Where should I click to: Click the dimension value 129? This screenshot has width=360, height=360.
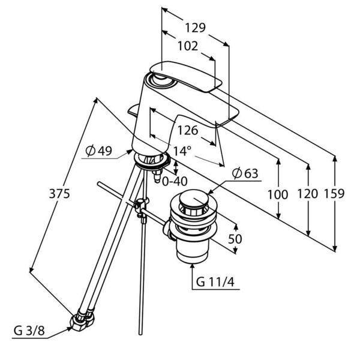[x=195, y=28]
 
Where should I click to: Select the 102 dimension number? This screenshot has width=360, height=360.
[x=188, y=46]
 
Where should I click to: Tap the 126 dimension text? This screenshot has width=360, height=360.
[x=188, y=130]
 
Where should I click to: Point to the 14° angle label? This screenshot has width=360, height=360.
[x=182, y=151]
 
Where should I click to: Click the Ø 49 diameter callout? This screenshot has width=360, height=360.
[x=99, y=151]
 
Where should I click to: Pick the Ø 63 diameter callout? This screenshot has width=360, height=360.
[x=245, y=173]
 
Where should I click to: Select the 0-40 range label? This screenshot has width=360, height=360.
[x=175, y=181]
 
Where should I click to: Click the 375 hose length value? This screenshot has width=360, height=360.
[x=59, y=194]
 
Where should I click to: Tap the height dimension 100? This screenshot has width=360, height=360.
[x=278, y=194]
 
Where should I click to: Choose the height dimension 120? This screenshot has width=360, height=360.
[x=308, y=194]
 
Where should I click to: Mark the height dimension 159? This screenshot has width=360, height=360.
[x=334, y=194]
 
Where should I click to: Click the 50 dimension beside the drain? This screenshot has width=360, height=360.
[x=235, y=239]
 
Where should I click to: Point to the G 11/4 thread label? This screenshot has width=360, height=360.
[x=215, y=281]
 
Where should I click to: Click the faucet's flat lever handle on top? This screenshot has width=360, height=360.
[x=186, y=76]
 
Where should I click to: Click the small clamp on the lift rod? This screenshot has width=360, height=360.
[x=142, y=208]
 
